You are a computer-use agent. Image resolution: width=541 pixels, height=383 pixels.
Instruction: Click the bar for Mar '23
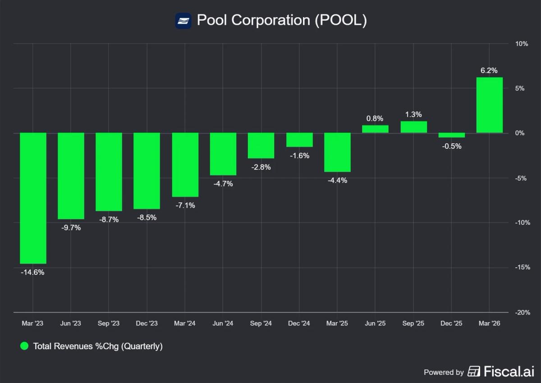coord(33,198)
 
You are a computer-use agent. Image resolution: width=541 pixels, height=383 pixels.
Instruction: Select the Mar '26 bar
coord(490,105)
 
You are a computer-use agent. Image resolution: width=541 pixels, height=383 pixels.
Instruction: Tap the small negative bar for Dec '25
coord(451,135)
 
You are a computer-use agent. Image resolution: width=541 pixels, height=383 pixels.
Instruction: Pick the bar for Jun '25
coord(375,129)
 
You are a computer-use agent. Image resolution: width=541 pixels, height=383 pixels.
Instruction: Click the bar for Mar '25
coord(337,152)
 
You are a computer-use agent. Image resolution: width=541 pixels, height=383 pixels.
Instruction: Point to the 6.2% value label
coord(490,70)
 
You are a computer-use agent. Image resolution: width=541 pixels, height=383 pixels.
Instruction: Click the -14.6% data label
coord(33,272)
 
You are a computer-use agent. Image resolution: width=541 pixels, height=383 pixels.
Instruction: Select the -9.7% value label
coord(71,228)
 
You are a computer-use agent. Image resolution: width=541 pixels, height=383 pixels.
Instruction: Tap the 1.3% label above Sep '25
coord(413,114)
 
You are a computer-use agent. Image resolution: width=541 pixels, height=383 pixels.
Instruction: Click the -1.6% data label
coord(299,155)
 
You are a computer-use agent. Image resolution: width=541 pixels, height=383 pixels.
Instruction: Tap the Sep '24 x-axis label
coord(261,324)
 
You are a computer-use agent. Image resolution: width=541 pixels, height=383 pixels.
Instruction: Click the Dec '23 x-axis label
coord(147,324)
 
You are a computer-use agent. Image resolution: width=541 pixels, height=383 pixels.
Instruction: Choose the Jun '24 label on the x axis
coord(223,324)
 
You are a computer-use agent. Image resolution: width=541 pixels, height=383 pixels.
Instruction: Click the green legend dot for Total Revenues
coord(25,346)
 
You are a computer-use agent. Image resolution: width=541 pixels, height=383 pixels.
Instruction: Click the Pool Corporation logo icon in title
coord(183,21)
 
